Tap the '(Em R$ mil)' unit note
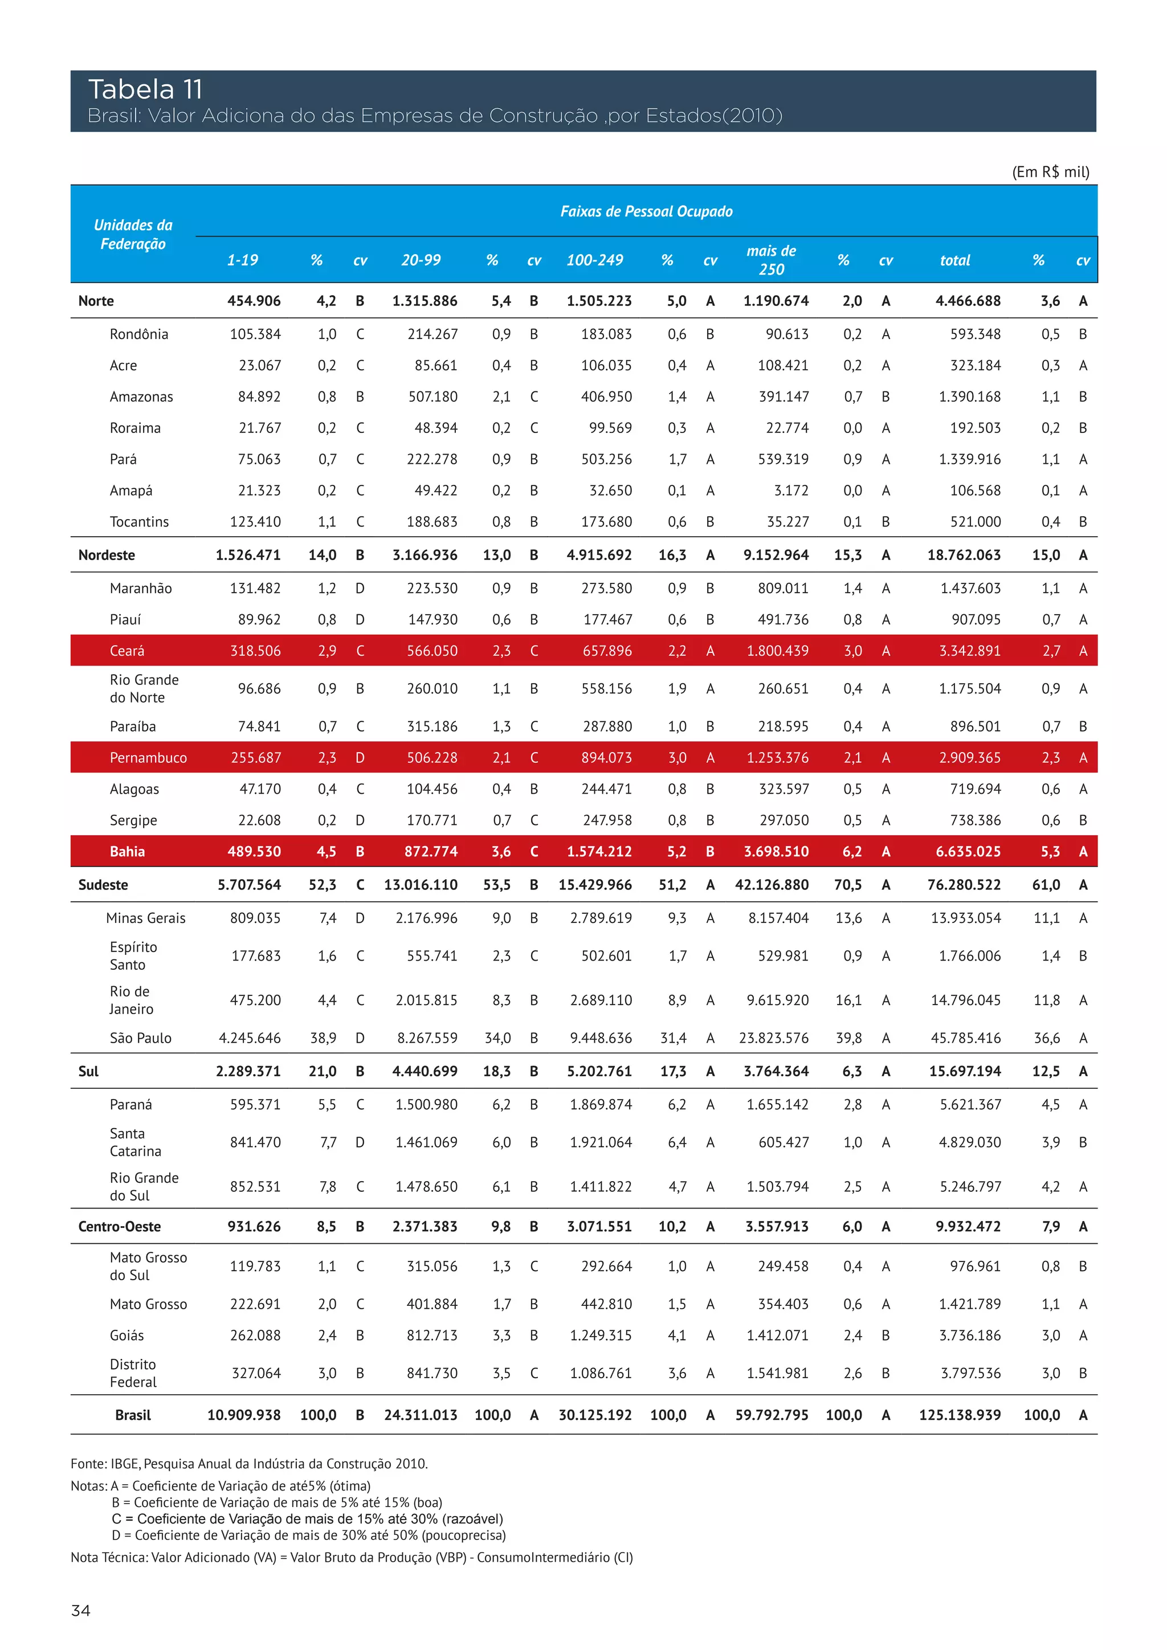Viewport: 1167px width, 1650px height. [x=1051, y=171]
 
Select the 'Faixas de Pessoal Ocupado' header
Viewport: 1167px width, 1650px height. [x=646, y=211]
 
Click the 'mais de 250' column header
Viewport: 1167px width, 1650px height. [x=771, y=260]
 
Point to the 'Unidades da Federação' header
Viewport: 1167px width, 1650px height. [x=133, y=234]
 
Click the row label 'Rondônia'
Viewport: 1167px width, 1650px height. [x=138, y=334]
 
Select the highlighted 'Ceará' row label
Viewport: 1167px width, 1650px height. [x=127, y=651]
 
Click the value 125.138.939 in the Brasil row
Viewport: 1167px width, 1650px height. [x=960, y=1415]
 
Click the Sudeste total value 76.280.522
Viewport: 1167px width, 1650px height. [x=964, y=885]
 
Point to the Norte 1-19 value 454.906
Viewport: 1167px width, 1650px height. [x=254, y=301]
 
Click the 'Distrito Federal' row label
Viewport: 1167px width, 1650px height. [x=133, y=1373]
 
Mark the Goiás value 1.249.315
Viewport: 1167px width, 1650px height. [x=600, y=1336]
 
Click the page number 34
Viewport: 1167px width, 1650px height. [x=80, y=1611]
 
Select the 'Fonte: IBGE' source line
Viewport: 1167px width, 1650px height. [x=248, y=1464]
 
